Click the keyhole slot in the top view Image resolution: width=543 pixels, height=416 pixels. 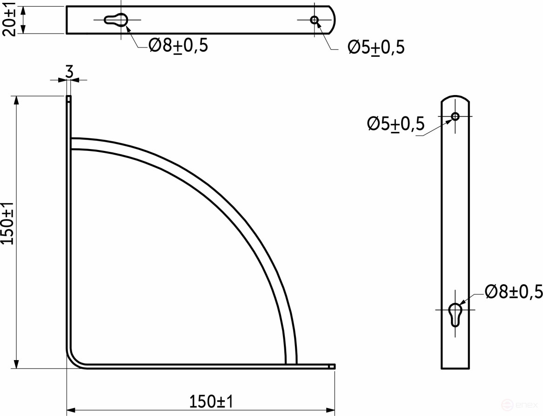click(115, 20)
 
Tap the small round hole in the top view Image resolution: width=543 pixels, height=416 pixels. click(315, 20)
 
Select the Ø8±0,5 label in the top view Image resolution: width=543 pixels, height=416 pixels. click(178, 45)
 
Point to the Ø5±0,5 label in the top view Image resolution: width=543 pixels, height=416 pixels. click(376, 47)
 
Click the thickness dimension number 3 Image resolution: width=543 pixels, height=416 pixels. click(69, 72)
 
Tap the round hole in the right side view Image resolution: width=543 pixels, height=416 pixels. click(455, 116)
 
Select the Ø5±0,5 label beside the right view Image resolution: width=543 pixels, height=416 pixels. click(396, 124)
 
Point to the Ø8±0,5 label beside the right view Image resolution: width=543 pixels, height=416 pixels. click(514, 292)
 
